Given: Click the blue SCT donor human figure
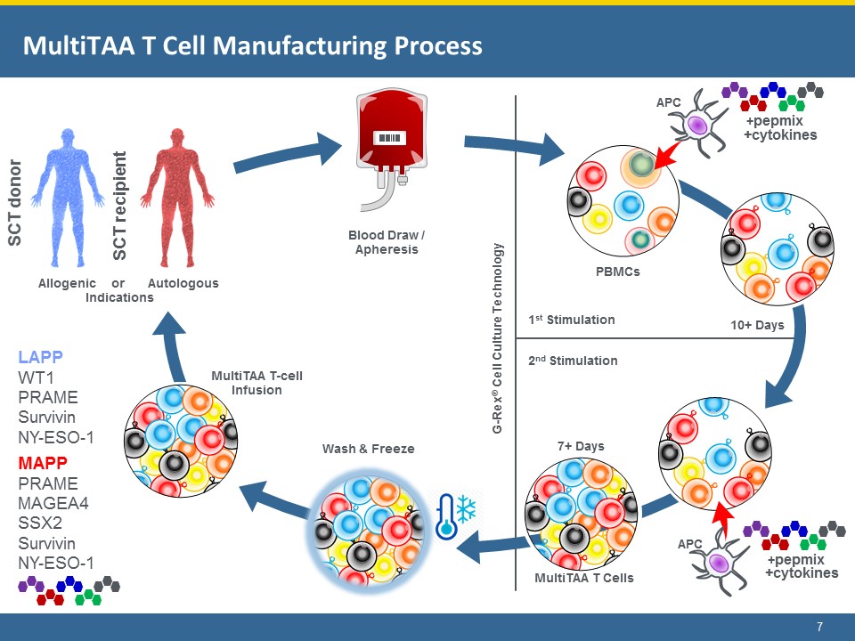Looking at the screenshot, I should click(69, 201).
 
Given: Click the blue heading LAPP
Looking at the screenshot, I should click(40, 357).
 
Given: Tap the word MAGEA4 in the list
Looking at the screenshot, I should click(54, 503).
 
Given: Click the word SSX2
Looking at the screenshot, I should click(40, 523).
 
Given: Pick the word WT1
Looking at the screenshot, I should click(37, 377).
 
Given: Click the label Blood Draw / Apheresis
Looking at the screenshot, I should click(386, 242).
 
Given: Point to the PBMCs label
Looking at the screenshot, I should click(617, 272).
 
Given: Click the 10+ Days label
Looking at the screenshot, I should click(757, 325).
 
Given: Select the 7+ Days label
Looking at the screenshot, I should click(581, 445).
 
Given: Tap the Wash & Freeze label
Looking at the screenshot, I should click(368, 449).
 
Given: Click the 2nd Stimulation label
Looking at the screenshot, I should click(573, 361).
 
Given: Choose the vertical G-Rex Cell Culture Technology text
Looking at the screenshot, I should click(499, 338).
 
